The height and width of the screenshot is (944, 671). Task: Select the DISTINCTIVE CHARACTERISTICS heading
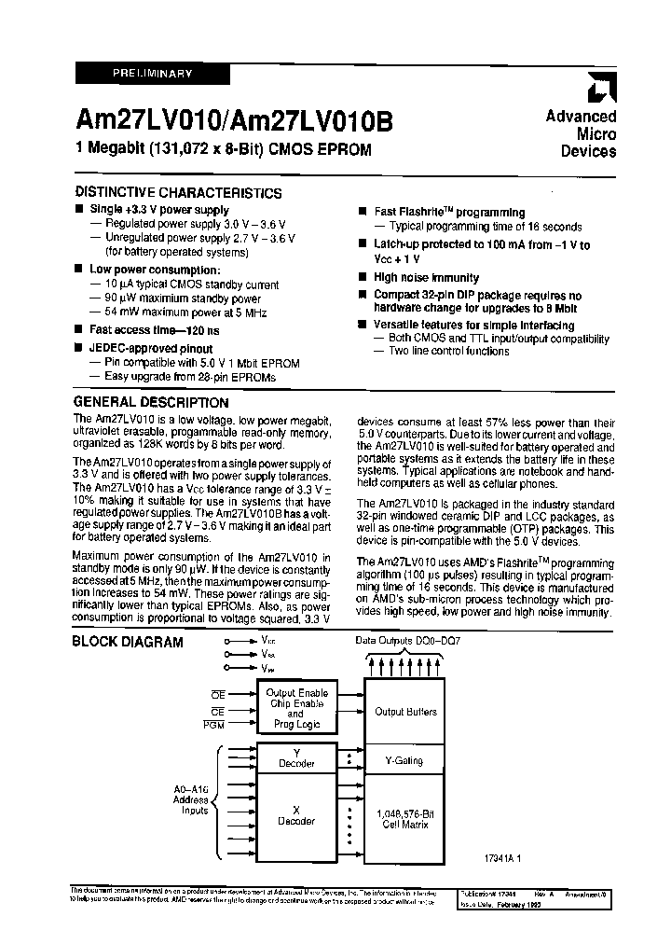(177, 193)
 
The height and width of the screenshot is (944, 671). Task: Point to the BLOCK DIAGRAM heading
(128, 642)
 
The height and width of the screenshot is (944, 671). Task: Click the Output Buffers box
(405, 712)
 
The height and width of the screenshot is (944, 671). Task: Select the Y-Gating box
(405, 761)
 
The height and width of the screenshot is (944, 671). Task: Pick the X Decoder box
(296, 814)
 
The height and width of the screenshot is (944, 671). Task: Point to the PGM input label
(213, 725)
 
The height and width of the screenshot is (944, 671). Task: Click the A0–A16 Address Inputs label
(196, 799)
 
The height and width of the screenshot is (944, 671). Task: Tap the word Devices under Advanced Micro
(588, 151)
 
